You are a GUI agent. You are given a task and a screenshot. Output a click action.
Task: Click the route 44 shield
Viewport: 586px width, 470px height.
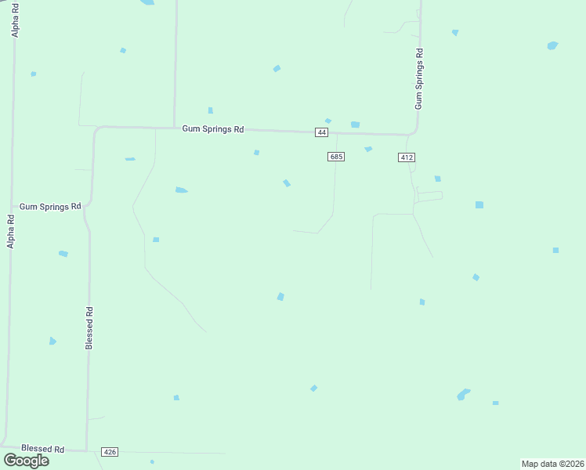coord(322,132)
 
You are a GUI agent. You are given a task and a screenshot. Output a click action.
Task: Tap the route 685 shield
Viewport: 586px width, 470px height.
coord(336,157)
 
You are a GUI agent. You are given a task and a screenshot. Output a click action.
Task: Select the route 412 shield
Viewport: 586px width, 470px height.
coord(406,157)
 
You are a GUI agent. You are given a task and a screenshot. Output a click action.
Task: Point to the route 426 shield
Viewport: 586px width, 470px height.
coord(110,452)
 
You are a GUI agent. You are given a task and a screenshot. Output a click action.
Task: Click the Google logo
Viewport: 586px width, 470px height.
coord(26,460)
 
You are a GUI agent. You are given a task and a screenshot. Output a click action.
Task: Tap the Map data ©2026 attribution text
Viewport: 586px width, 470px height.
coord(552,464)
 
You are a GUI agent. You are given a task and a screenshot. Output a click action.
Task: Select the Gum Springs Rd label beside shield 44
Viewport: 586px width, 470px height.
coord(212,129)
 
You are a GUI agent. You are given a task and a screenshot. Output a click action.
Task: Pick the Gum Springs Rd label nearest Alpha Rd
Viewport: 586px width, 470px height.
coord(50,206)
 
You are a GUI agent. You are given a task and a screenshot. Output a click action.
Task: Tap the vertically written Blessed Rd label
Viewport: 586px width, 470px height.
coord(89,327)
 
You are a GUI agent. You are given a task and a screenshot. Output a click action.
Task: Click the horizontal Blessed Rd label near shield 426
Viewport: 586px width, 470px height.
coord(42,449)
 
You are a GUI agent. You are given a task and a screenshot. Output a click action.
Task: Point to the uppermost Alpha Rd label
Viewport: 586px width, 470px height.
coord(14,20)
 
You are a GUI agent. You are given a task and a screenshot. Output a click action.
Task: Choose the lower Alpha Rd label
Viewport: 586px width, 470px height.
coord(11,231)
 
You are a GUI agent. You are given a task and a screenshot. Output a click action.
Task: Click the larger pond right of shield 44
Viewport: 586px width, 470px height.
coord(355,125)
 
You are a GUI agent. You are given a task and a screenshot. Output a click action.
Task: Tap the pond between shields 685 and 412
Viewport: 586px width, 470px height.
coord(367,149)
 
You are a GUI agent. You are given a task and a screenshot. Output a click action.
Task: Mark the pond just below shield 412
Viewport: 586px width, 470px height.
coord(437,179)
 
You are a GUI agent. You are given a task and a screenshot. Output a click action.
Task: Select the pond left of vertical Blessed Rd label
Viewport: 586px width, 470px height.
coord(52,341)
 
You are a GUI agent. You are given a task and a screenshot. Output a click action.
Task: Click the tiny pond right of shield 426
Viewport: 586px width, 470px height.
coord(152,461)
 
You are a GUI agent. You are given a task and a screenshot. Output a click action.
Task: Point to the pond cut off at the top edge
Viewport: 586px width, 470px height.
coord(146,2)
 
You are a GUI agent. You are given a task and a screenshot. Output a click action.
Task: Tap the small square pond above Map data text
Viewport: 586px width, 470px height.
coord(495,403)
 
